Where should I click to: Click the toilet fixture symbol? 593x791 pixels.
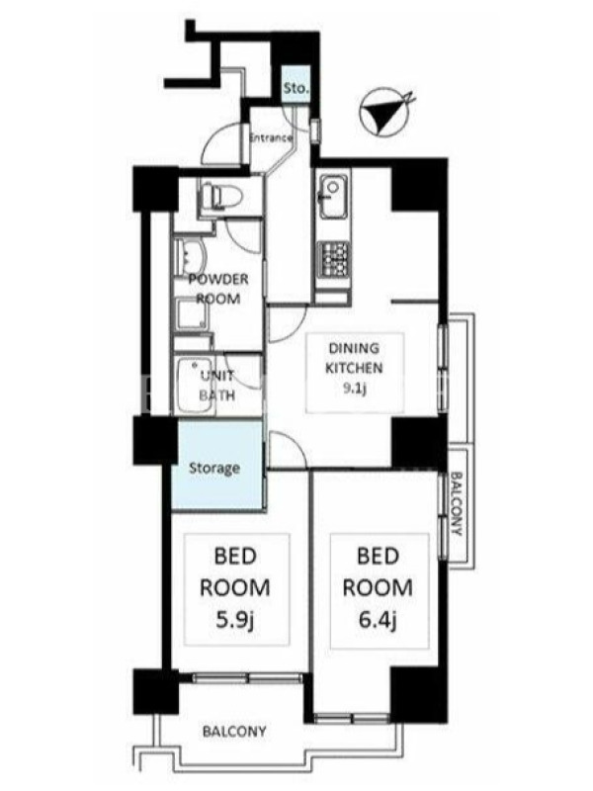tap(220, 196)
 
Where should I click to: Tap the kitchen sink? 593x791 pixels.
tap(333, 197)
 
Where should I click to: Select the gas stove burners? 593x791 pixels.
tap(333, 258)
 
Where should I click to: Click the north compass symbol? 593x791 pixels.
tap(386, 114)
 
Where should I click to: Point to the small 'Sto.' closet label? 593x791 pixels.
tap(296, 89)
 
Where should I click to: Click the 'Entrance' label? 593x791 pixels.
tap(271, 137)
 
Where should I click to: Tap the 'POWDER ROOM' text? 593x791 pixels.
tap(218, 289)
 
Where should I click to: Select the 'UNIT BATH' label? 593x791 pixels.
tap(217, 386)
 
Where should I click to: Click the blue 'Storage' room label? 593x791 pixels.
tap(214, 468)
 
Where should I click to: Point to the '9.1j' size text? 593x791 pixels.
tap(354, 388)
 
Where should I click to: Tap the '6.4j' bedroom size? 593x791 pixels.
tap(378, 620)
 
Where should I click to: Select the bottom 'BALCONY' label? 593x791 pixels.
tap(234, 731)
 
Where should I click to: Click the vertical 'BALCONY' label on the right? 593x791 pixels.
tap(457, 503)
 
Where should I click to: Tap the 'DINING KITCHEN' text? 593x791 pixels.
tap(354, 358)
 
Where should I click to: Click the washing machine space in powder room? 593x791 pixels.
tap(193, 313)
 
